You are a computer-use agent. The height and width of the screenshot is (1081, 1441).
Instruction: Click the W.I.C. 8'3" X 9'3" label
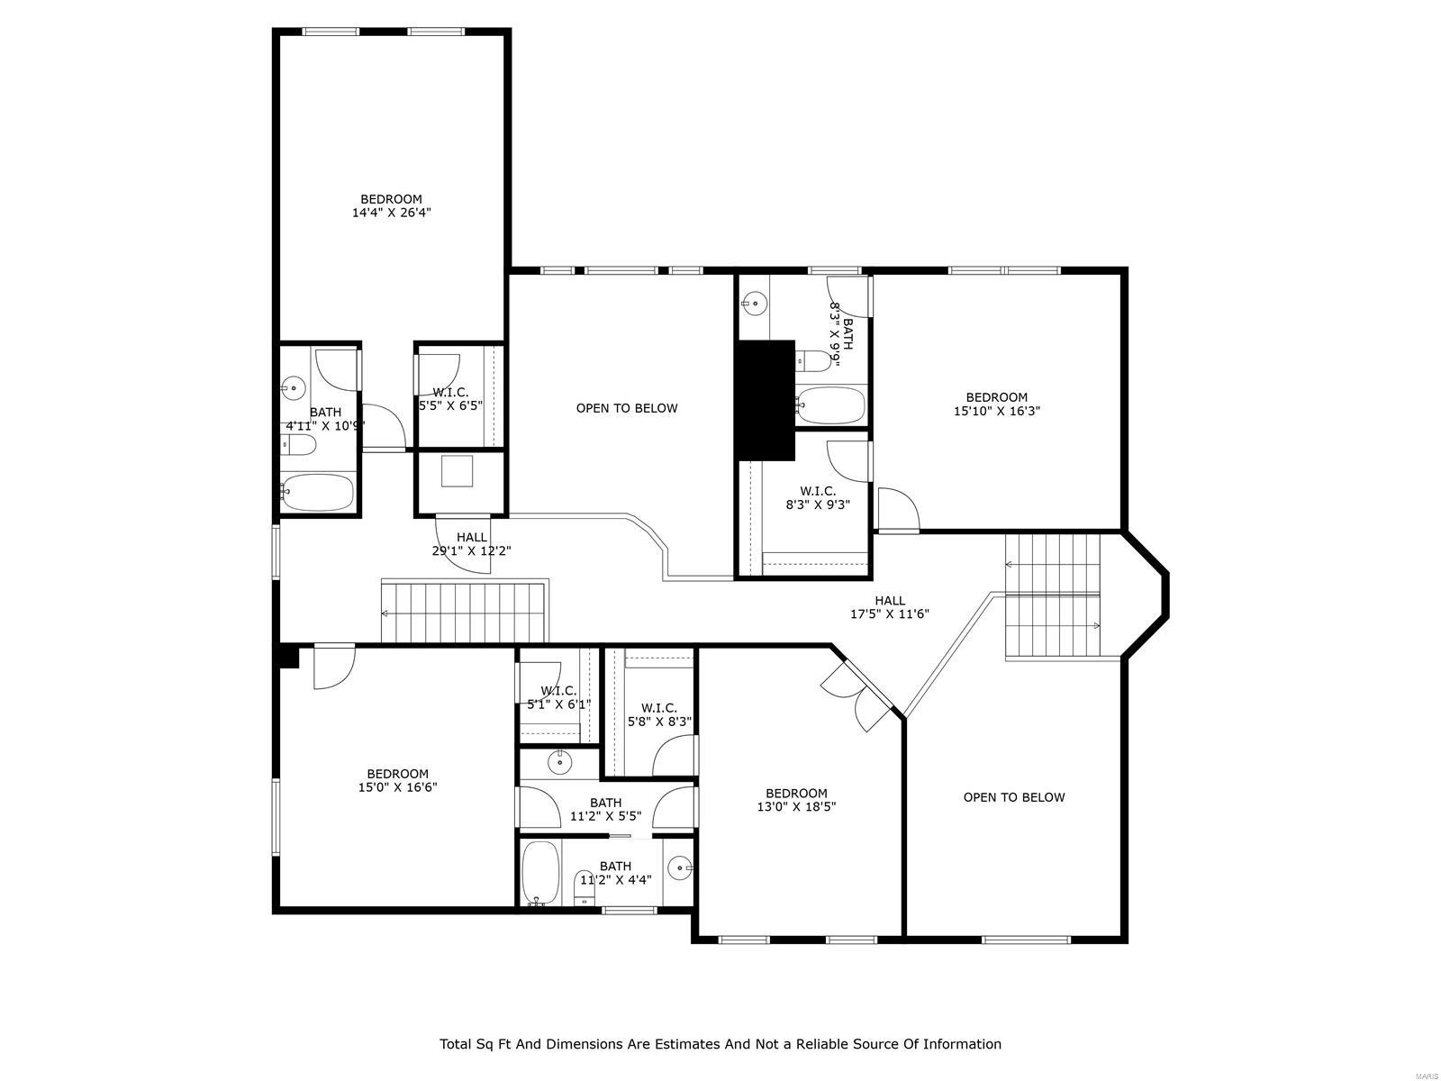(x=817, y=498)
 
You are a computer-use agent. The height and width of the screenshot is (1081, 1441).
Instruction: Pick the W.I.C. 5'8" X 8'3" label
(x=658, y=715)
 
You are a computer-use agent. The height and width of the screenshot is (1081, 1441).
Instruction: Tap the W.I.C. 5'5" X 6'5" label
(x=450, y=399)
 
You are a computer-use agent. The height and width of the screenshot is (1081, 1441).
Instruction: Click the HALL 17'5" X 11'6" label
(x=890, y=607)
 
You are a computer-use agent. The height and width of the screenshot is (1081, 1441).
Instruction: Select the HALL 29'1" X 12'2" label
(x=471, y=544)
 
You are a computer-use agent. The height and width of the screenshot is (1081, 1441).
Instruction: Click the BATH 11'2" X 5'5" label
(x=606, y=810)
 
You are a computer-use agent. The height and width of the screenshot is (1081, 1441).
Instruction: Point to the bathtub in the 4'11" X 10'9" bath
(x=317, y=492)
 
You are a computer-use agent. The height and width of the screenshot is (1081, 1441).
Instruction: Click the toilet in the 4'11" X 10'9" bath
(x=298, y=444)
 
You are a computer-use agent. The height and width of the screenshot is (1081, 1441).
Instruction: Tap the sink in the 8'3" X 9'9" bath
(x=756, y=304)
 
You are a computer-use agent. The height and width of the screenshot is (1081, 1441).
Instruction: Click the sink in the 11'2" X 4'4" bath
(x=680, y=869)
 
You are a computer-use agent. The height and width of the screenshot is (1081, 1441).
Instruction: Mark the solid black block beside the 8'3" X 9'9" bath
(x=765, y=400)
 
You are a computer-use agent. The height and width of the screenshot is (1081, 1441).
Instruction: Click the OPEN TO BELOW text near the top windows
(x=627, y=408)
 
